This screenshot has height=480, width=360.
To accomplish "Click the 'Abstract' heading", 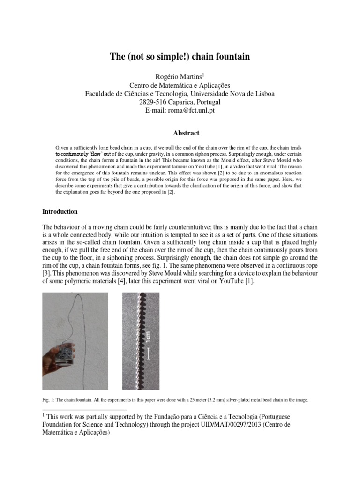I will tap(180, 133).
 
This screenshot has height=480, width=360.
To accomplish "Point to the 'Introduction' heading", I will tap(60, 211).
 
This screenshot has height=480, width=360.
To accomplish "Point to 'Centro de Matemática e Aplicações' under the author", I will tap(180, 85).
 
